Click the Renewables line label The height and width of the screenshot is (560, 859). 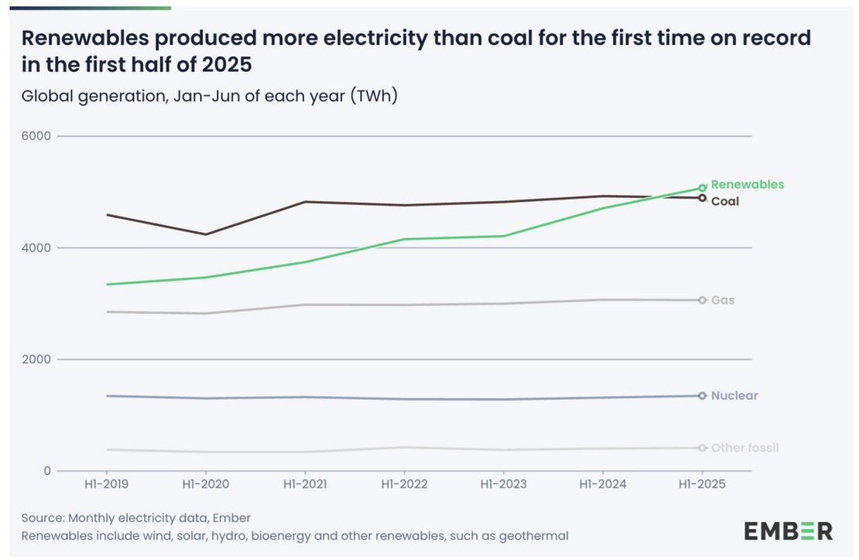tap(747, 185)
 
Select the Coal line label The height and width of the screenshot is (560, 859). tap(725, 202)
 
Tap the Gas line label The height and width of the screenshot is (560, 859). tap(723, 300)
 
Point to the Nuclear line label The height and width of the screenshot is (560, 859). tap(734, 396)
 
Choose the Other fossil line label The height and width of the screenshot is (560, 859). tap(744, 448)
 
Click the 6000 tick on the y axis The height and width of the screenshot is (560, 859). tap(36, 136)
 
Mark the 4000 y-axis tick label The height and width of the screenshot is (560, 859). tap(36, 248)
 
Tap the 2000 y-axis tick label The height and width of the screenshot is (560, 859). tap(36, 360)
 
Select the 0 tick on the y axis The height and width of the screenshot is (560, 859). tap(46, 471)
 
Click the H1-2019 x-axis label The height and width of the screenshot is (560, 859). tap(106, 485)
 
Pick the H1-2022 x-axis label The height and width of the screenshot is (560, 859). tap(404, 485)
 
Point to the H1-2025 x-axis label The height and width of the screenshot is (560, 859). tap(702, 485)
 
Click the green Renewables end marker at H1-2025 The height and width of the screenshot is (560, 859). tap(702, 188)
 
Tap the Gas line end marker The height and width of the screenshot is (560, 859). tap(702, 300)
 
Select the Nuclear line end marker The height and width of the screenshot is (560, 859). tap(702, 396)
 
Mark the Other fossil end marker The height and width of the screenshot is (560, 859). tap(702, 448)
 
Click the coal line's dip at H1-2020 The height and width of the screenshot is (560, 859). tap(205, 234)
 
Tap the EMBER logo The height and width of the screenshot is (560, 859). tap(788, 531)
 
